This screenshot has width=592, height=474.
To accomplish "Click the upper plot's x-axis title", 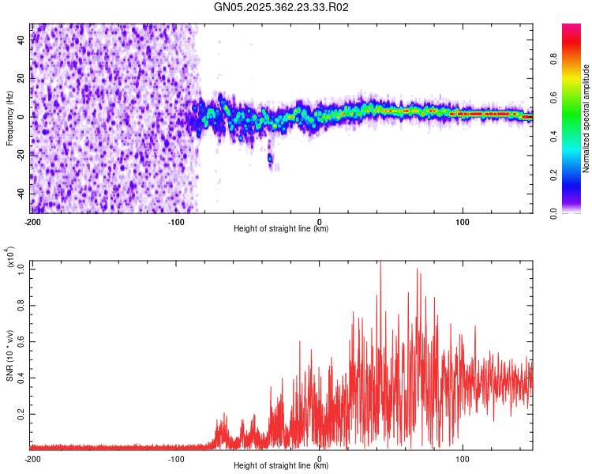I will (x=281, y=229).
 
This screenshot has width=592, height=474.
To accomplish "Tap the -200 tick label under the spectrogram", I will (x=32, y=220).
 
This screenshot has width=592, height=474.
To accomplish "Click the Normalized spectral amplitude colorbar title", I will (x=586, y=119).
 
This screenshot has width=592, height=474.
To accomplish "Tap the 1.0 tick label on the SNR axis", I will (x=21, y=269).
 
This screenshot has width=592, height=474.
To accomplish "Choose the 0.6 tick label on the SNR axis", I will (x=21, y=340).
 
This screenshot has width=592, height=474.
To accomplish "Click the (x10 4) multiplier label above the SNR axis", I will (x=10, y=259).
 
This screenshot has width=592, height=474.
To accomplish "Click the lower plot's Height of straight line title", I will (x=281, y=466).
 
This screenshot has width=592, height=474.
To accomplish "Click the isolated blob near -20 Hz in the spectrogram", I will (x=270, y=159).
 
